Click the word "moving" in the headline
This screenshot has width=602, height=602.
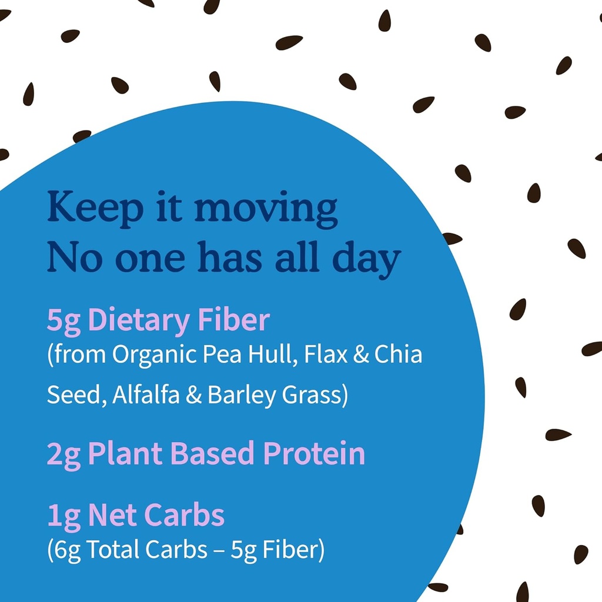click(x=266, y=208)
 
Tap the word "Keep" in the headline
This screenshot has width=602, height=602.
click(x=95, y=208)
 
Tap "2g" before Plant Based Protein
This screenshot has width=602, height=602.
click(x=63, y=454)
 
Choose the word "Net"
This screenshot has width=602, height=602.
click(x=112, y=516)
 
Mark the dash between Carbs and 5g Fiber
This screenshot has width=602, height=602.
click(x=218, y=550)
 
